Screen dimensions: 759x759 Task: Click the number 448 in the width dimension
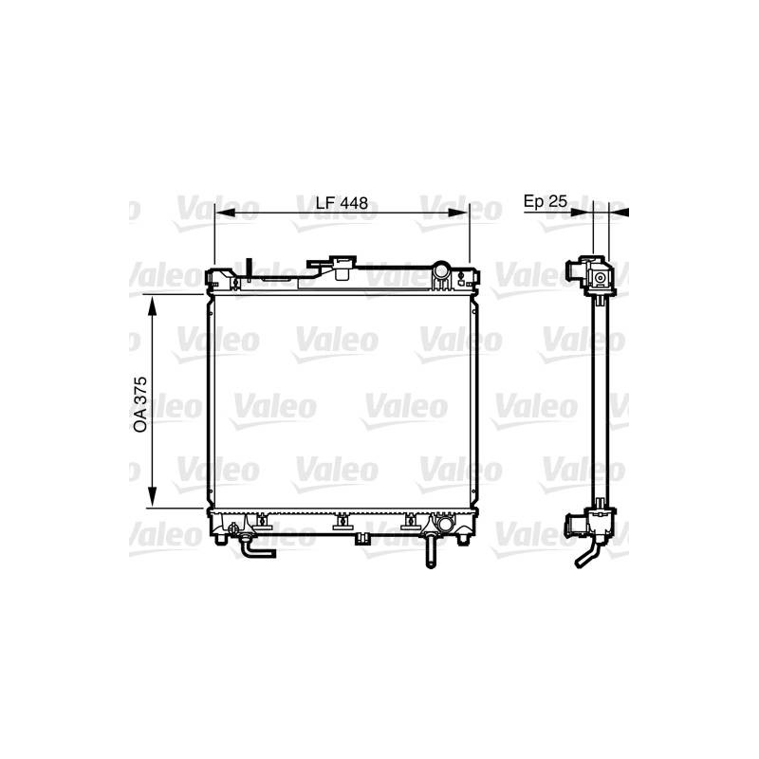pos(354,203)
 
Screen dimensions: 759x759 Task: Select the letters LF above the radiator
pos(325,203)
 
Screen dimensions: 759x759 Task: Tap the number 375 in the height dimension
pos(140,391)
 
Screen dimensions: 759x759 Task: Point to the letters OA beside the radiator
pos(140,420)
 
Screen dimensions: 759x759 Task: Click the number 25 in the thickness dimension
pos(558,201)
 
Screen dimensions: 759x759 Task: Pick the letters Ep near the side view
pos(534,202)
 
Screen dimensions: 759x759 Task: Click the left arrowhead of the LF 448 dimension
pos(225,213)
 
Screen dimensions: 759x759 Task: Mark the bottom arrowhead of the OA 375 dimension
pos(153,496)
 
